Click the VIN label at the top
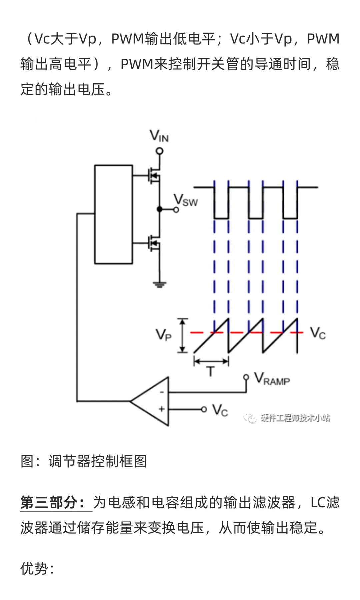click(x=159, y=136)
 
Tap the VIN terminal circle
click(x=160, y=151)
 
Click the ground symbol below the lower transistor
click(x=160, y=284)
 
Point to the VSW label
click(x=186, y=200)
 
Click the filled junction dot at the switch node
click(x=160, y=209)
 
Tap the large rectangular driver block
click(x=113, y=214)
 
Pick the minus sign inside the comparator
click(x=162, y=392)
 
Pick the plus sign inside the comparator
click(x=162, y=409)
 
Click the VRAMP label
click(x=272, y=379)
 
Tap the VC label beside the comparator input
click(x=220, y=410)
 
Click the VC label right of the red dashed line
click(x=318, y=333)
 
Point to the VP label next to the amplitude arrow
click(x=164, y=334)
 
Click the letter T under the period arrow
click(x=211, y=371)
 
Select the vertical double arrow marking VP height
click(x=182, y=335)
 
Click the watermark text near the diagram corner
click(x=295, y=418)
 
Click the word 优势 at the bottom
click(x=34, y=569)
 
